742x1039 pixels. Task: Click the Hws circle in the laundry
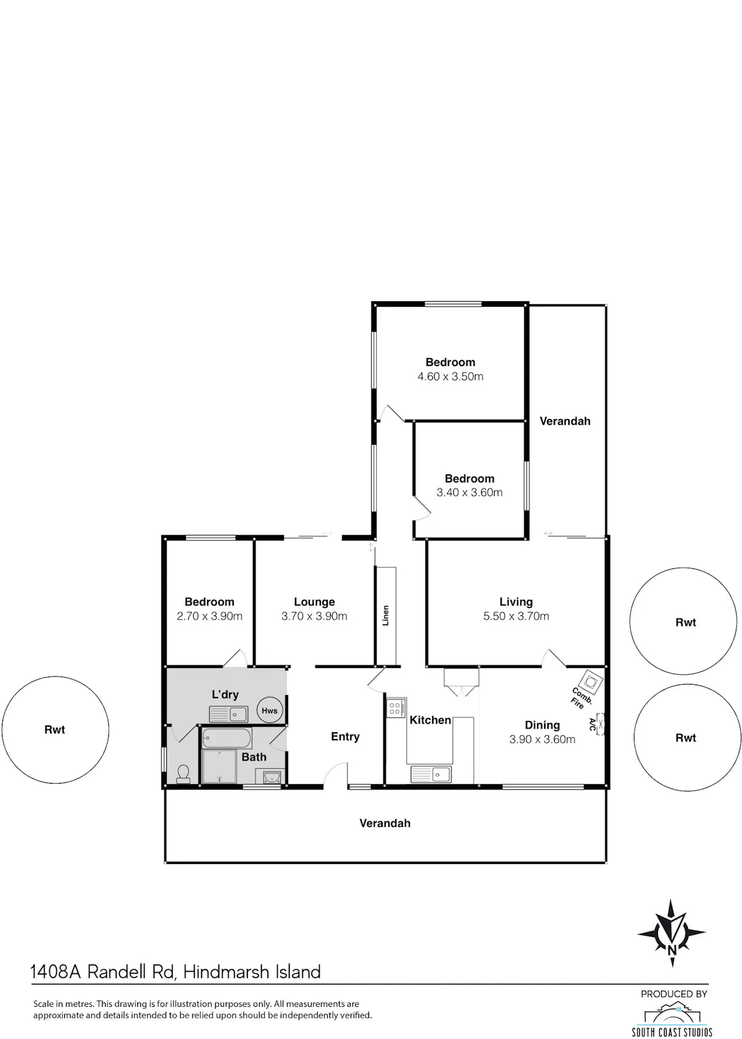tap(270, 710)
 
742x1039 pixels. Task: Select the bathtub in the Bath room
tap(228, 737)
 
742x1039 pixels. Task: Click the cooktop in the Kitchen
tap(396, 708)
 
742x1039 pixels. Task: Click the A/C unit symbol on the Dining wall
tap(600, 724)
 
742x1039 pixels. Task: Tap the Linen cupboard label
tap(385, 615)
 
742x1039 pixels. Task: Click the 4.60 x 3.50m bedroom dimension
tap(450, 376)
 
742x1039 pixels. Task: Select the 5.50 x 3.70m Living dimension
tap(516, 616)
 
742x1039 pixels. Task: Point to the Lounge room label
tap(314, 602)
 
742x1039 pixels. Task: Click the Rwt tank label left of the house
tap(54, 730)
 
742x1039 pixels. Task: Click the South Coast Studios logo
tap(672, 1015)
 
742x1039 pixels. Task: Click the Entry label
tap(346, 737)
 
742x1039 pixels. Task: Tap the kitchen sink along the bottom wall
tap(431, 774)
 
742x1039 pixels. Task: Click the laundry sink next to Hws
tap(229, 714)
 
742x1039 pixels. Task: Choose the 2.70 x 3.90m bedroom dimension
tap(210, 616)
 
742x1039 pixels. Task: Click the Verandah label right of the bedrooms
tap(565, 421)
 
